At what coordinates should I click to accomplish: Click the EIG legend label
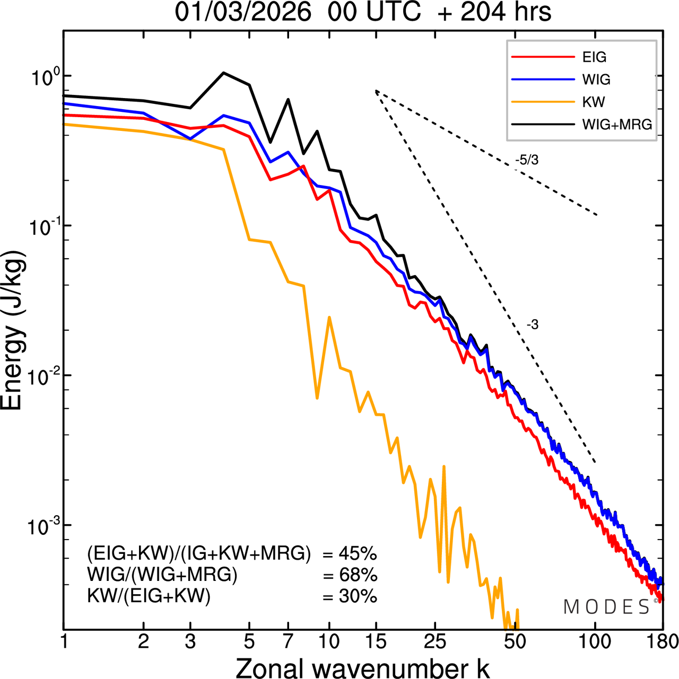point(594,57)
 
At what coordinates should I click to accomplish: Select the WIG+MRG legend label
point(617,125)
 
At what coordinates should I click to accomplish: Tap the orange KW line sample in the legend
point(543,102)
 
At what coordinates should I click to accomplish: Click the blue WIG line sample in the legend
point(543,80)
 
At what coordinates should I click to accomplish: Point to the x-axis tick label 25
point(434,641)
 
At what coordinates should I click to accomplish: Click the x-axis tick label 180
point(663,641)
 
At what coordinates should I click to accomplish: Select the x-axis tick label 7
point(288,641)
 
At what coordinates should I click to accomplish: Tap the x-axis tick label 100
point(595,641)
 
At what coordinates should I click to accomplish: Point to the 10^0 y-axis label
point(42,77)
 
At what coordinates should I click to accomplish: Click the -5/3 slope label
point(526,160)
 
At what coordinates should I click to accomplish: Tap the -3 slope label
point(532,325)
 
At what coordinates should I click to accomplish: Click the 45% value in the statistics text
point(358,554)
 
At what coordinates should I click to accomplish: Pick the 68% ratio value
point(358,575)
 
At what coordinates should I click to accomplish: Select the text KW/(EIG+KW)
point(149,596)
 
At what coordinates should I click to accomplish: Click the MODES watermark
point(607,607)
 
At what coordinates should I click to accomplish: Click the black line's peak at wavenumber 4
point(224,73)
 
